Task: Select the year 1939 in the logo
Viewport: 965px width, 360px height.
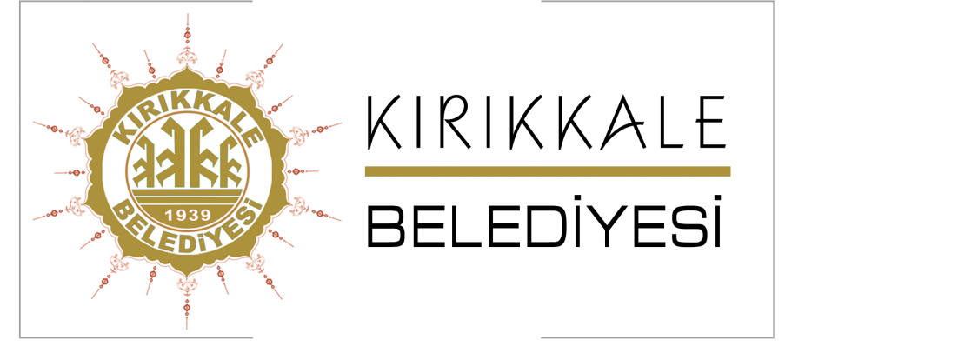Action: click(187, 214)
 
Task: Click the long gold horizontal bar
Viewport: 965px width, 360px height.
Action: click(548, 171)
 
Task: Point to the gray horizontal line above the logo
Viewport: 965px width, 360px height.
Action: click(136, 2)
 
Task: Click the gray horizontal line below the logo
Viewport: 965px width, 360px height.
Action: click(136, 337)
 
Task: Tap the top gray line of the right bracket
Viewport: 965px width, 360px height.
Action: click(656, 2)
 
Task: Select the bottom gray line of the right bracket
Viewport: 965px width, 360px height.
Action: click(656, 337)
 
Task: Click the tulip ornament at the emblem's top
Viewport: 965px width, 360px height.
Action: click(187, 57)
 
